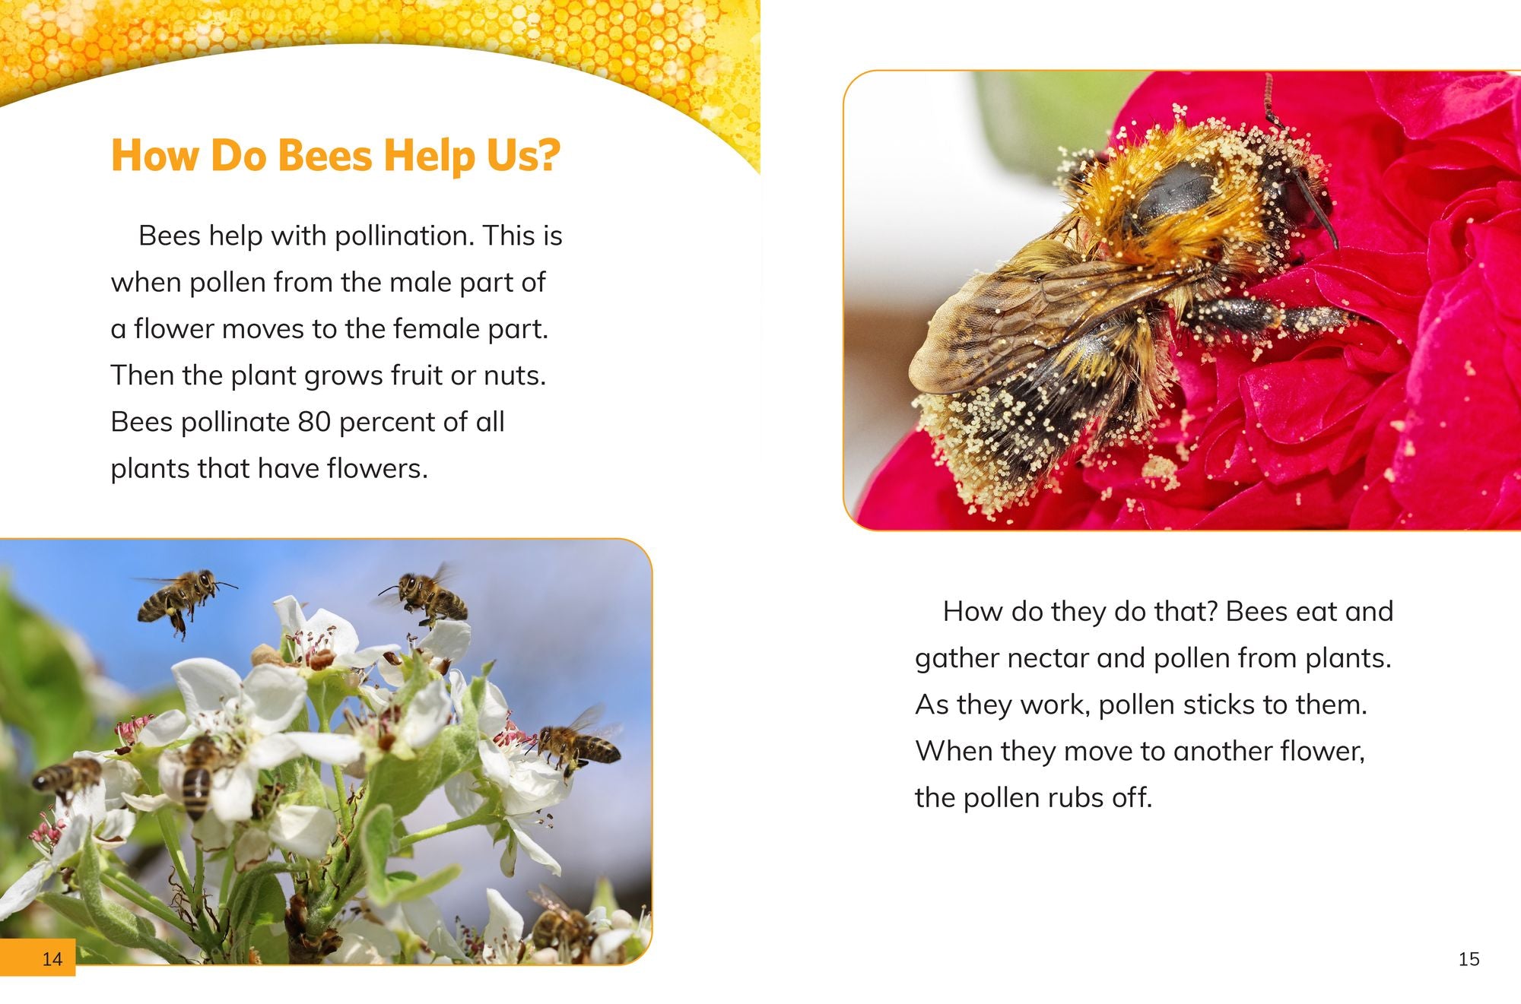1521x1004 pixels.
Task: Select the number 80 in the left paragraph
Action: point(314,422)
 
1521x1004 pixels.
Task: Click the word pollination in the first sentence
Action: point(403,236)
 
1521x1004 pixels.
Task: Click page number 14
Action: point(52,958)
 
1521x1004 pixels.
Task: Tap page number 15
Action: point(1469,958)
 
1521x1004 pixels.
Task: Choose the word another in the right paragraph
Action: point(1223,751)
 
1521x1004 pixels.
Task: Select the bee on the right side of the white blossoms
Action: point(577,746)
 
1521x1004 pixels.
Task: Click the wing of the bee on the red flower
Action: point(1011,319)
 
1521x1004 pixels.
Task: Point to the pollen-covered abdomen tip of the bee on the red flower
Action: point(966,448)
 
